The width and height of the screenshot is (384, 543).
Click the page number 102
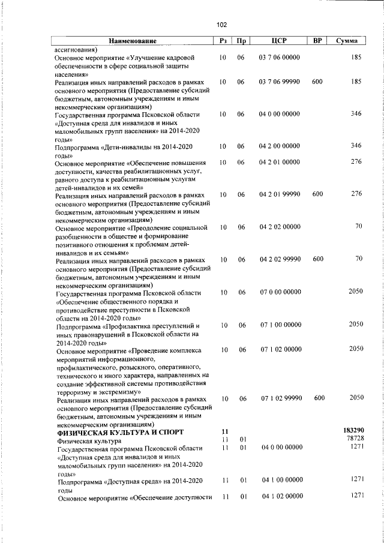(221, 25)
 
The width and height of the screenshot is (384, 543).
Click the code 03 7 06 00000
(280, 58)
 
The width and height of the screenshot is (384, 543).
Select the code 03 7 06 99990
(280, 82)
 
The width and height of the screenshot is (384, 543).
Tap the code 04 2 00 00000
(280, 146)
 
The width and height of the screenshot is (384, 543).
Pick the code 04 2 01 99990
(280, 194)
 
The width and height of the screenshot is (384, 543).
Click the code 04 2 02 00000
(280, 227)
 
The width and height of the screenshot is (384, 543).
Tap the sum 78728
(352, 440)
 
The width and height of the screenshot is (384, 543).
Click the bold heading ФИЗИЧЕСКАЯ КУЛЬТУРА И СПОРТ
(120, 432)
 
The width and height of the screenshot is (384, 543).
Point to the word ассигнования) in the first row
(76, 49)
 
